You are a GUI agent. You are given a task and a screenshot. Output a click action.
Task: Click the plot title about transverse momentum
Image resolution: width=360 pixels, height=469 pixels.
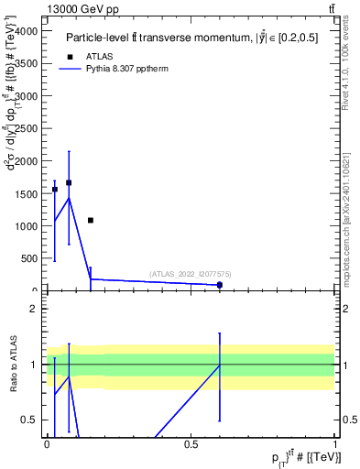point(197,38)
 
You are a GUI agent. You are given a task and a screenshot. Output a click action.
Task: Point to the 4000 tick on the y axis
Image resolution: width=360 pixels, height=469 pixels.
point(27,30)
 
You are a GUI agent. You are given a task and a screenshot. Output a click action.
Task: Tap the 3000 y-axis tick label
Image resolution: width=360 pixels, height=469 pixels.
point(27,95)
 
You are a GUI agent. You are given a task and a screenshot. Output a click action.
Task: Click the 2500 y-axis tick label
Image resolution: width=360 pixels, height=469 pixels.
point(27,128)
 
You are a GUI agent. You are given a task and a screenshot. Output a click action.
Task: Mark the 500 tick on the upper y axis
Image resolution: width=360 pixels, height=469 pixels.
point(30,258)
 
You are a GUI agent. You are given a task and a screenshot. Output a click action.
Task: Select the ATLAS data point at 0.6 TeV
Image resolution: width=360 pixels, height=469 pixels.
point(220,285)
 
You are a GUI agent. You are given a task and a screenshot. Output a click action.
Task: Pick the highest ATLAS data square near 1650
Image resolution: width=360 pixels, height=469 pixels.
point(69,182)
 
